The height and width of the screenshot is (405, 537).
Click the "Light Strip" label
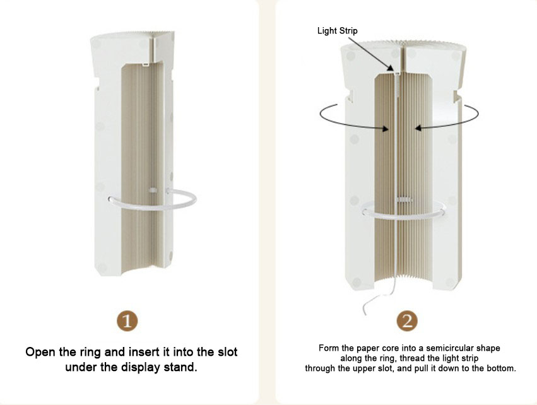coord(338,31)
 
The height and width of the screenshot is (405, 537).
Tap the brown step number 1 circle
coord(127,321)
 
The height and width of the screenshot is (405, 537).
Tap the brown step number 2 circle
coord(407,321)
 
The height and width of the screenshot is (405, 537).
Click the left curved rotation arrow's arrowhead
coord(386,129)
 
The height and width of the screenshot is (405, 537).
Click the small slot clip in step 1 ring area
coord(153,190)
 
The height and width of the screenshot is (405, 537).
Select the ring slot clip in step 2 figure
coord(403,199)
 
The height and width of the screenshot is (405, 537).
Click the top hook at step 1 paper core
coord(146,64)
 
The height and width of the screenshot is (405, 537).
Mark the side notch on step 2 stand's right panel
coord(457,96)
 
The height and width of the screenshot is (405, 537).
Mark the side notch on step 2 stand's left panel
coord(350,95)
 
